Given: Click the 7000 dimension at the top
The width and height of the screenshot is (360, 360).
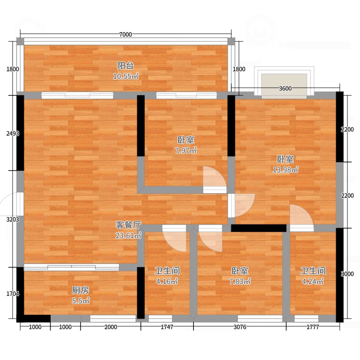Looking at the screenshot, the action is (x=126, y=35).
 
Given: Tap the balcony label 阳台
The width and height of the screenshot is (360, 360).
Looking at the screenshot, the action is (x=126, y=66).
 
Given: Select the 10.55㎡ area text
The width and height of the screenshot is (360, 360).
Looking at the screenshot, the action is (x=126, y=76).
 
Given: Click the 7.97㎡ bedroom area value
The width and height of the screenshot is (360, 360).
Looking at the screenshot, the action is (x=186, y=151).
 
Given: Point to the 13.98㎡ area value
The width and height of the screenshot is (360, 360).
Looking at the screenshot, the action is (x=285, y=170).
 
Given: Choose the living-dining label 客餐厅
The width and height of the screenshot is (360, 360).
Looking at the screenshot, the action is (x=128, y=225).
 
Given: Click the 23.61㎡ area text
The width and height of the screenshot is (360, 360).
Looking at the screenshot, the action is (x=128, y=235).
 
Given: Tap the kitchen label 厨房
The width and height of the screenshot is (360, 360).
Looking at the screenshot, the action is (x=81, y=290).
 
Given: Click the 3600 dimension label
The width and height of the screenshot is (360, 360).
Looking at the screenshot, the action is (x=285, y=88).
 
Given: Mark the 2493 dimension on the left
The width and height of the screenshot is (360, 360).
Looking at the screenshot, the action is (x=13, y=133).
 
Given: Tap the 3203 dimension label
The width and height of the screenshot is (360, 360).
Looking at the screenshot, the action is (x=13, y=220).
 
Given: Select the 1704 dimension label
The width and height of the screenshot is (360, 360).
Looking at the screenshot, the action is (x=13, y=293).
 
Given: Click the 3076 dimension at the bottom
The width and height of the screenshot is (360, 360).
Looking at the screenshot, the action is (x=240, y=327).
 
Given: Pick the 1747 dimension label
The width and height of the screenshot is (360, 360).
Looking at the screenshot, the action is (x=167, y=327).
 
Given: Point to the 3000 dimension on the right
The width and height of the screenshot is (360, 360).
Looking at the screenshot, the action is (x=347, y=274).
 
